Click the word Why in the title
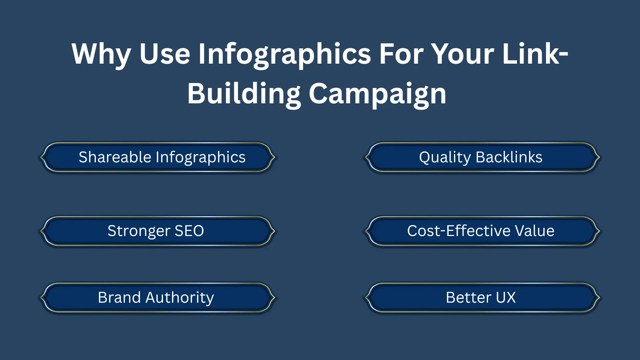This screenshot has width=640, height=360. (x=101, y=54)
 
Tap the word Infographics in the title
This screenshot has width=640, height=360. (x=284, y=54)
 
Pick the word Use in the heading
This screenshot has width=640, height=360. (x=165, y=54)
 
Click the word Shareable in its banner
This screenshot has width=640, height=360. (x=115, y=157)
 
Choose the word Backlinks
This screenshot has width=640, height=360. (x=509, y=157)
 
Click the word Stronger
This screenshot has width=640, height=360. (x=139, y=231)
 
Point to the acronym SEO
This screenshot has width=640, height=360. (x=189, y=231)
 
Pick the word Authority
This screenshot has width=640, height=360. (x=180, y=297)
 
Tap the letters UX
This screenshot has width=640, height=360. (x=506, y=297)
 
